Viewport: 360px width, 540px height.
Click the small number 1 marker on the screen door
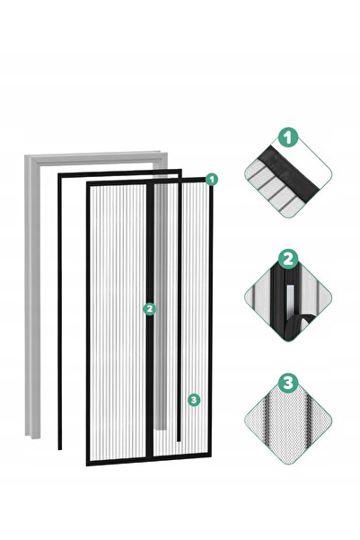coord(212,180)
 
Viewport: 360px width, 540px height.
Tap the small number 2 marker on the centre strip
coord(149,309)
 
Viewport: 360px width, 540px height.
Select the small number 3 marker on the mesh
coord(194,400)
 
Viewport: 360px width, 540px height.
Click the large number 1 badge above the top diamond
coord(288,137)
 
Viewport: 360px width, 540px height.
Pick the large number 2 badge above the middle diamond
coord(288,260)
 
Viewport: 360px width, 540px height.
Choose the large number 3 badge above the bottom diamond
coord(288,383)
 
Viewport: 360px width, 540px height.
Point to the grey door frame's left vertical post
coord(32,297)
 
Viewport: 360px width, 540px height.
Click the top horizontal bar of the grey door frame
coord(96,157)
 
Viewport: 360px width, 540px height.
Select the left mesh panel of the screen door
coord(118,322)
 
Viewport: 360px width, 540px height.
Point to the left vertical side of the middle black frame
coord(60,312)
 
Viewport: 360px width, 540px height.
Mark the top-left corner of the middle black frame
coord(58,174)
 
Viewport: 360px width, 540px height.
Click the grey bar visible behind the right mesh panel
coord(161,306)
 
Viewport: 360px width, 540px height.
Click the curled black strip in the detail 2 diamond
coord(295,325)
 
